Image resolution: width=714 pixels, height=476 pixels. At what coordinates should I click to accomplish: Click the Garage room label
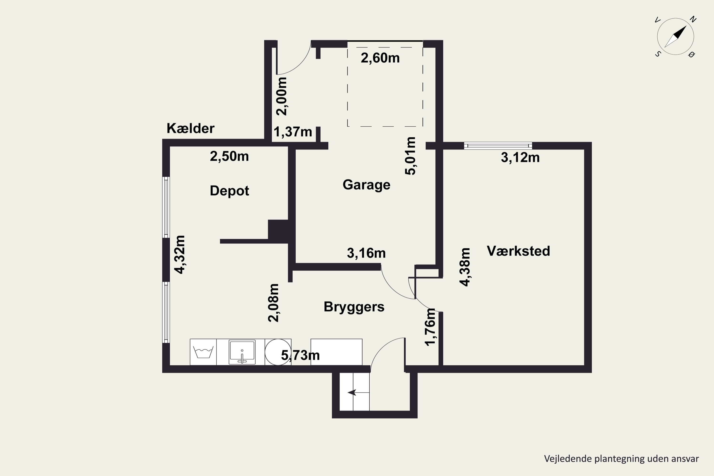(x=367, y=185)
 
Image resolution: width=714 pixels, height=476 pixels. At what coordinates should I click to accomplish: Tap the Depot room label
(x=229, y=191)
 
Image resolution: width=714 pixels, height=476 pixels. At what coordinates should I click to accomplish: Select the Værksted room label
(x=518, y=251)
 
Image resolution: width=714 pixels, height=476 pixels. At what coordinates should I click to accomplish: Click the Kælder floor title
(x=190, y=129)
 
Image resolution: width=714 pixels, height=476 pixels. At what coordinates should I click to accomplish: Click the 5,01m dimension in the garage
(x=410, y=156)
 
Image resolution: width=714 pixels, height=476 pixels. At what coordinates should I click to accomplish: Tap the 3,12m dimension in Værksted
(x=520, y=158)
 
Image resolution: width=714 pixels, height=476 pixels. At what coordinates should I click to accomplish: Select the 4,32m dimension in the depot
(x=179, y=254)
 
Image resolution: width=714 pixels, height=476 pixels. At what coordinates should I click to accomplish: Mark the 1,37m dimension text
(x=293, y=132)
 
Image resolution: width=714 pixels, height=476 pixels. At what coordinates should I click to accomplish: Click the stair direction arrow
(x=352, y=392)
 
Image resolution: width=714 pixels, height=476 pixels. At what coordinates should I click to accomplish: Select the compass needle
(x=676, y=36)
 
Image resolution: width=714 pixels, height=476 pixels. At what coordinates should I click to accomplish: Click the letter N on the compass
(x=693, y=20)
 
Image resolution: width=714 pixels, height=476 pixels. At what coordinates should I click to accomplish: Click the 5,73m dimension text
(x=300, y=355)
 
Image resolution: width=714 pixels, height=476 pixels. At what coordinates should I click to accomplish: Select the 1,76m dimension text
(x=431, y=327)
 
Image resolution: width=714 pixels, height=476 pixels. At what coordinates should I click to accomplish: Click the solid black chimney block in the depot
(x=278, y=229)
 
